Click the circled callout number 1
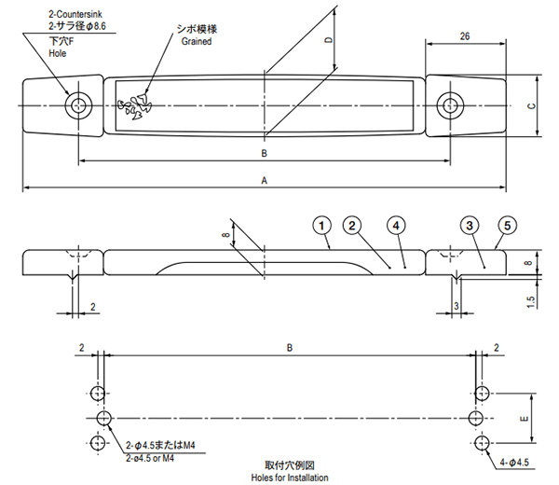321,226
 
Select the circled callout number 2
352,226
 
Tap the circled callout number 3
470,226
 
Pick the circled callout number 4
396,226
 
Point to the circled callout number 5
508,226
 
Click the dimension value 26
465,36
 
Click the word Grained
197,41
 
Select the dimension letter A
265,181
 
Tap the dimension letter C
531,106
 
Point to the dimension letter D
329,40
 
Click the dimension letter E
525,419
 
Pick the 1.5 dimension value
530,302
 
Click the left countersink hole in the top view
78,105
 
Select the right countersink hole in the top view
450,105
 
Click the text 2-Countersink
75,14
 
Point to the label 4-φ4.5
513,463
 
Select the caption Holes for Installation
290,478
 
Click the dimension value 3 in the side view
457,306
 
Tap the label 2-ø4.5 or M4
150,458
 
